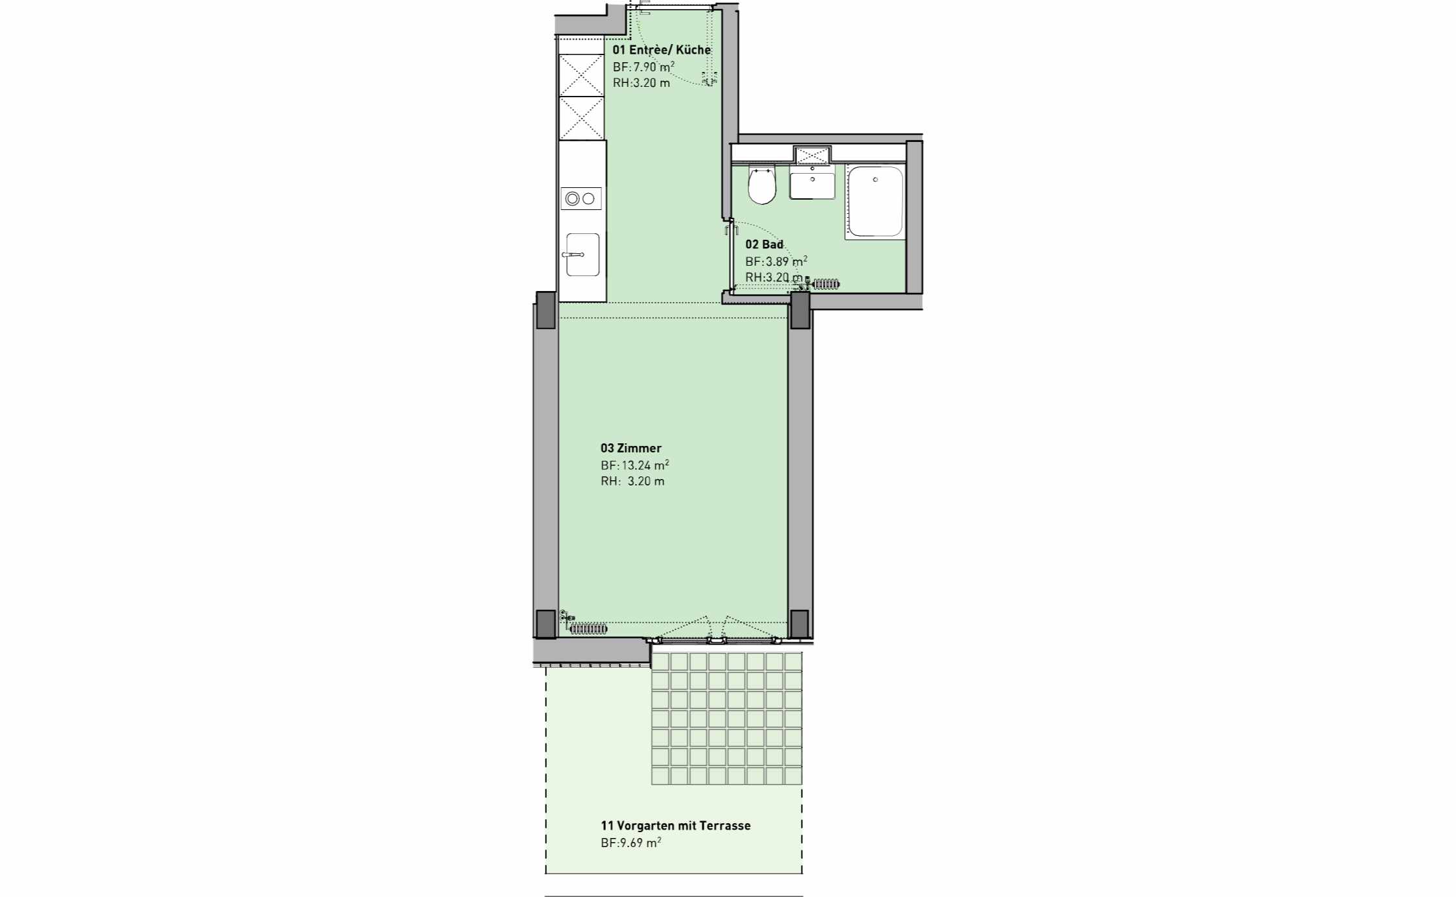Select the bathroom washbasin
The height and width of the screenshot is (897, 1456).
[812, 182]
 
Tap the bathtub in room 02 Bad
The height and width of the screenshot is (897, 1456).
[875, 202]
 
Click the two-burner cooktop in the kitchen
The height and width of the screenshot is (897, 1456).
[581, 198]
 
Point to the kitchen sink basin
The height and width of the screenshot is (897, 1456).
[582, 255]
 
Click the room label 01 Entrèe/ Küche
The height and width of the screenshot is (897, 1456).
[662, 50]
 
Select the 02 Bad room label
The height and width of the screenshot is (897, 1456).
[764, 244]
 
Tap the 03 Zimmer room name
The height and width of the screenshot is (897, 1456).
[630, 448]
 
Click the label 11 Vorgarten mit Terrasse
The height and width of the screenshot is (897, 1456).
[675, 826]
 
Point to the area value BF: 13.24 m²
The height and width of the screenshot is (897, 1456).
[634, 465]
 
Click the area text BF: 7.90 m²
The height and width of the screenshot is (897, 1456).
[643, 66]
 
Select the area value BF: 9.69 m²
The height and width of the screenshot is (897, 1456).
[630, 843]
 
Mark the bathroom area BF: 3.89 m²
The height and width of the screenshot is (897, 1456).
[776, 261]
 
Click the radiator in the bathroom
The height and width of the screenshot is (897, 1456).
[823, 283]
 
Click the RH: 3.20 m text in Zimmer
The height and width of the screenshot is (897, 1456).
[632, 481]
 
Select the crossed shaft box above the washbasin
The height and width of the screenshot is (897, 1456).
[812, 155]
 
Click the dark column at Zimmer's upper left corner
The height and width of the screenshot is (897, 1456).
[546, 310]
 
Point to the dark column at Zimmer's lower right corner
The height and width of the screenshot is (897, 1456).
[799, 623]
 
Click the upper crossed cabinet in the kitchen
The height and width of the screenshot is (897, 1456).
[581, 75]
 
